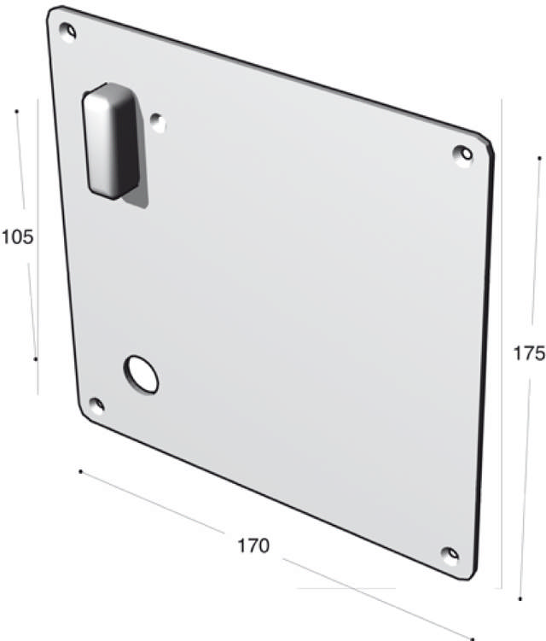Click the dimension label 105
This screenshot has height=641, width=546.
tap(18, 236)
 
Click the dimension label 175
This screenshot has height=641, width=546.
tap(529, 353)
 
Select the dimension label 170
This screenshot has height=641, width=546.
tap(253, 545)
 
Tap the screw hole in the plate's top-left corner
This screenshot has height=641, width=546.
tap(68, 32)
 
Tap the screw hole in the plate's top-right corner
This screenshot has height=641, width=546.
tap(464, 154)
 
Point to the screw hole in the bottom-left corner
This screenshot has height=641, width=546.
tap(97, 405)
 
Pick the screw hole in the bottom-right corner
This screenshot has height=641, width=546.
tap(450, 555)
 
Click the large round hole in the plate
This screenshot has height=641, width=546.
tap(142, 375)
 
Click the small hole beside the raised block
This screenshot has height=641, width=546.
tap(158, 122)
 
